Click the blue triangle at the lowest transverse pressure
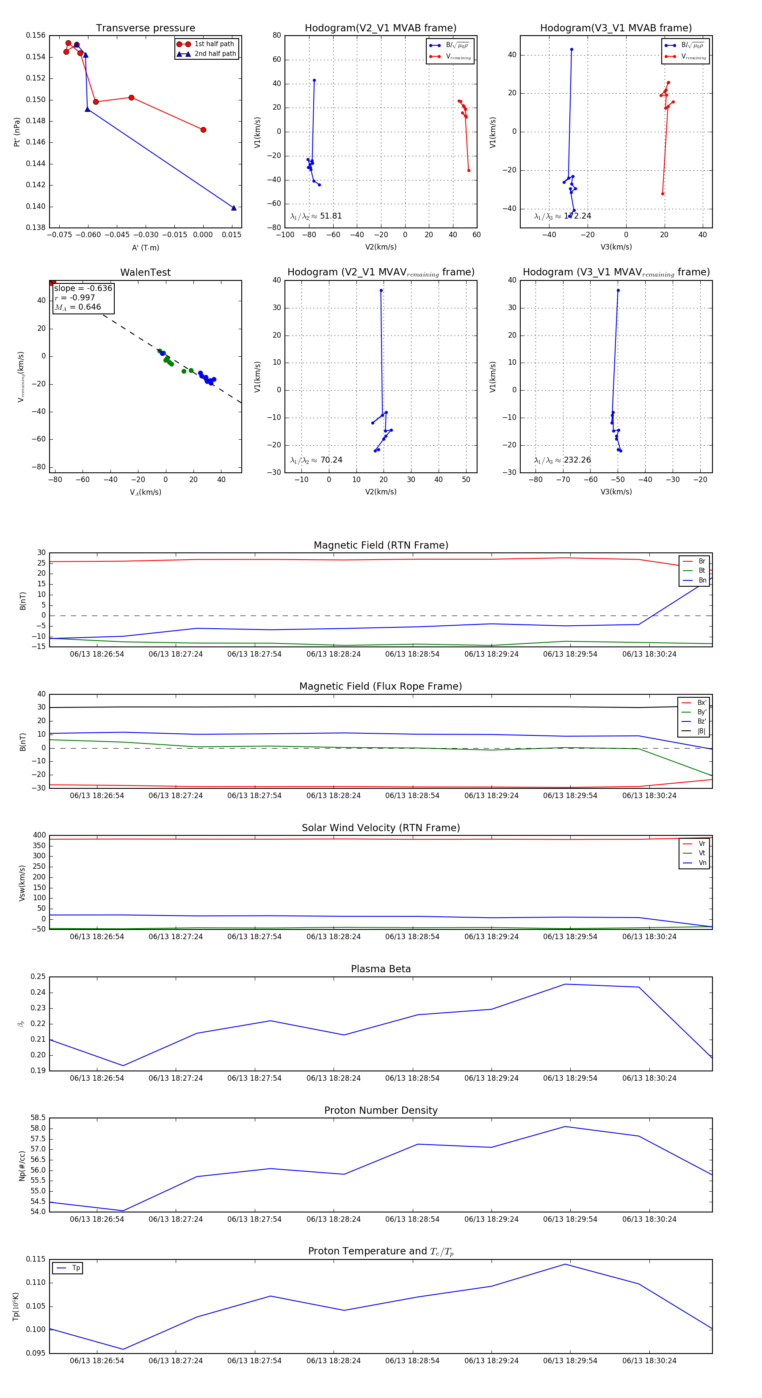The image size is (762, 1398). coord(234,208)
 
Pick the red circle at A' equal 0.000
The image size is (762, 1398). coord(203,130)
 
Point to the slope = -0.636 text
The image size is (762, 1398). coord(83,288)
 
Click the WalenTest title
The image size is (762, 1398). coord(145,272)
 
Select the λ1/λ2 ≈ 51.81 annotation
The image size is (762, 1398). coord(316,216)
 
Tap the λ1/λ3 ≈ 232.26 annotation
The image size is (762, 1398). coord(563,460)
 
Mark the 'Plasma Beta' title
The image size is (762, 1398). coord(381,969)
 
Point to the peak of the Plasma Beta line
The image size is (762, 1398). coord(565,984)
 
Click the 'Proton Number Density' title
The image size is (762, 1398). coord(381,1110)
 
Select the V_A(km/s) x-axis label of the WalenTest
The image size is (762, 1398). coord(145,492)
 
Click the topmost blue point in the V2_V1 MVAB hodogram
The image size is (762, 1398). coord(314,80)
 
